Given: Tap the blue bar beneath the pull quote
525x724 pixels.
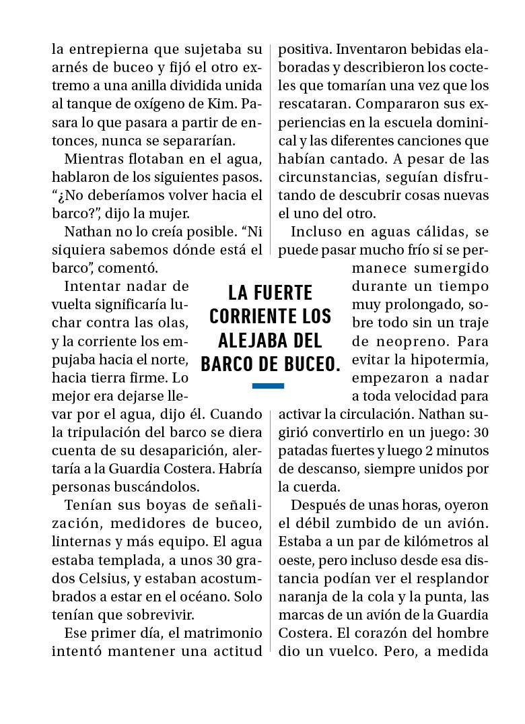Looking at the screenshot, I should coord(268,386).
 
